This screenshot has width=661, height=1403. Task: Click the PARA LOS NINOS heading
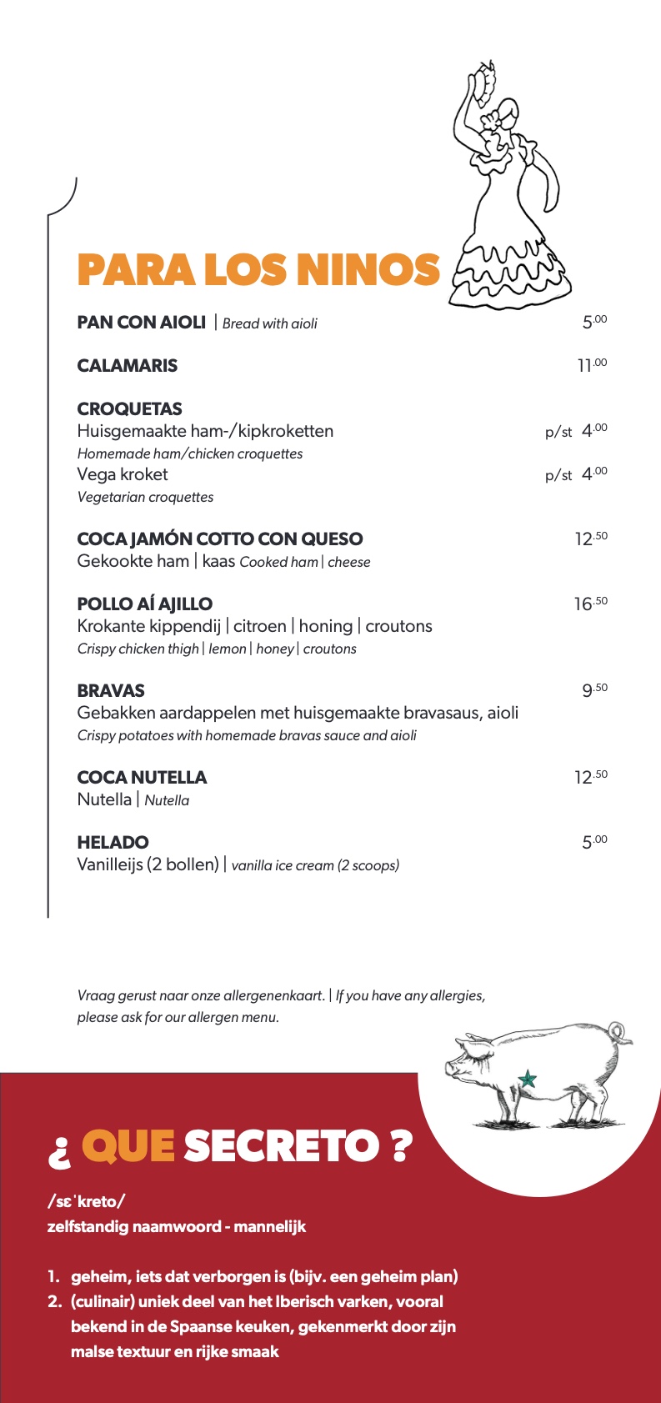pos(258,270)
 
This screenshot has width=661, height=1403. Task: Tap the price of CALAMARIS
pos(592,365)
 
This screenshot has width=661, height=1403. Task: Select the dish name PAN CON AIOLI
pos(141,323)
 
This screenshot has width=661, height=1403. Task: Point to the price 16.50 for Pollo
pos(590,604)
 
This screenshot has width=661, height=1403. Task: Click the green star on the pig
pos(527,1080)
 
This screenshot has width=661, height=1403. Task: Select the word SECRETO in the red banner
pos(280,1146)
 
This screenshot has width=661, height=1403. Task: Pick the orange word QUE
pos(128,1146)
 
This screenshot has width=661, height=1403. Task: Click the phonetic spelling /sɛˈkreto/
pos(86,1201)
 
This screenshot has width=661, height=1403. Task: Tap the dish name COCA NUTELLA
pos(142,777)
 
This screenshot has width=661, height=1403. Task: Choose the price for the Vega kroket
pos(593,474)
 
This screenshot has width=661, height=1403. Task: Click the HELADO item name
pos(113,842)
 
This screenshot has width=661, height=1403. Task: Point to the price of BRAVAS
pos(594,690)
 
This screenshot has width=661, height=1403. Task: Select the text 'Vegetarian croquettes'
pos(145,497)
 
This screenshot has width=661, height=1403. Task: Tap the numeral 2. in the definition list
pos(55,1301)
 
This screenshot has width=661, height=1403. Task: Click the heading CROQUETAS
pos(129,408)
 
